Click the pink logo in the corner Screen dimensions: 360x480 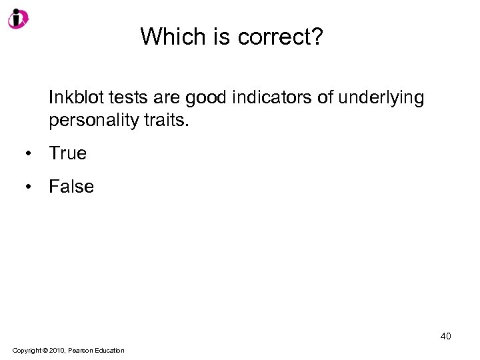click(17, 18)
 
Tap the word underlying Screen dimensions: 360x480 click(381, 99)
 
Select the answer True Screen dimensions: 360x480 click(67, 153)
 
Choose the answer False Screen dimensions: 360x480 click(71, 187)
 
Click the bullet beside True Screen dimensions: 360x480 click(29, 154)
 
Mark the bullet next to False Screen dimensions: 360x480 click(29, 187)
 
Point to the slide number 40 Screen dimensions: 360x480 click(445, 336)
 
